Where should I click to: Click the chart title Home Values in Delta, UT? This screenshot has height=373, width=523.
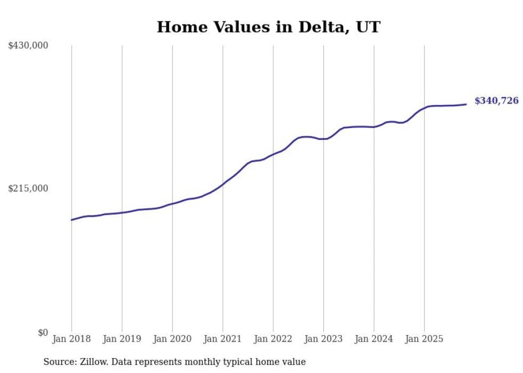pyautogui.click(x=268, y=27)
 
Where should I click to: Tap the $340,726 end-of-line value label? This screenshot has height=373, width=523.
pyautogui.click(x=496, y=101)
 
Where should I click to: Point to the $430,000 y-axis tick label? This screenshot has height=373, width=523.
pyautogui.click(x=28, y=46)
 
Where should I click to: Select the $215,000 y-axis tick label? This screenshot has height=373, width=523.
pyautogui.click(x=28, y=189)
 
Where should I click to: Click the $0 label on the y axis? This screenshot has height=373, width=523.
pyautogui.click(x=43, y=333)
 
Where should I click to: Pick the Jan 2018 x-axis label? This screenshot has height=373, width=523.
pyautogui.click(x=72, y=339)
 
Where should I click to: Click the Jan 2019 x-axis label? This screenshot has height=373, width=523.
pyautogui.click(x=122, y=339)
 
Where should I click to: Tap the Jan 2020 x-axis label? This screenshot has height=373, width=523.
pyautogui.click(x=172, y=339)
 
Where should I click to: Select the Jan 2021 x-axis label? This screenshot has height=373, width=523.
pyautogui.click(x=223, y=339)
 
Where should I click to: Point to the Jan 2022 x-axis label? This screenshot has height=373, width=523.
pyautogui.click(x=273, y=339)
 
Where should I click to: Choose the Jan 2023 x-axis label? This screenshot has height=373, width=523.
pyautogui.click(x=323, y=339)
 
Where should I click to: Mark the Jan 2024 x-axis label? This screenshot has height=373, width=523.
pyautogui.click(x=374, y=339)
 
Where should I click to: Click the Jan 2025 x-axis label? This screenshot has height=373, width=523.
pyautogui.click(x=424, y=339)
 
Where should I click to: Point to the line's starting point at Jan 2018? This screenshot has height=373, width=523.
pyautogui.click(x=72, y=220)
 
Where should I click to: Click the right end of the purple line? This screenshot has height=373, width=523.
pyautogui.click(x=466, y=104)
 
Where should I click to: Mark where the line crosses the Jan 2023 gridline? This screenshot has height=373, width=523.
pyautogui.click(x=323, y=139)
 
